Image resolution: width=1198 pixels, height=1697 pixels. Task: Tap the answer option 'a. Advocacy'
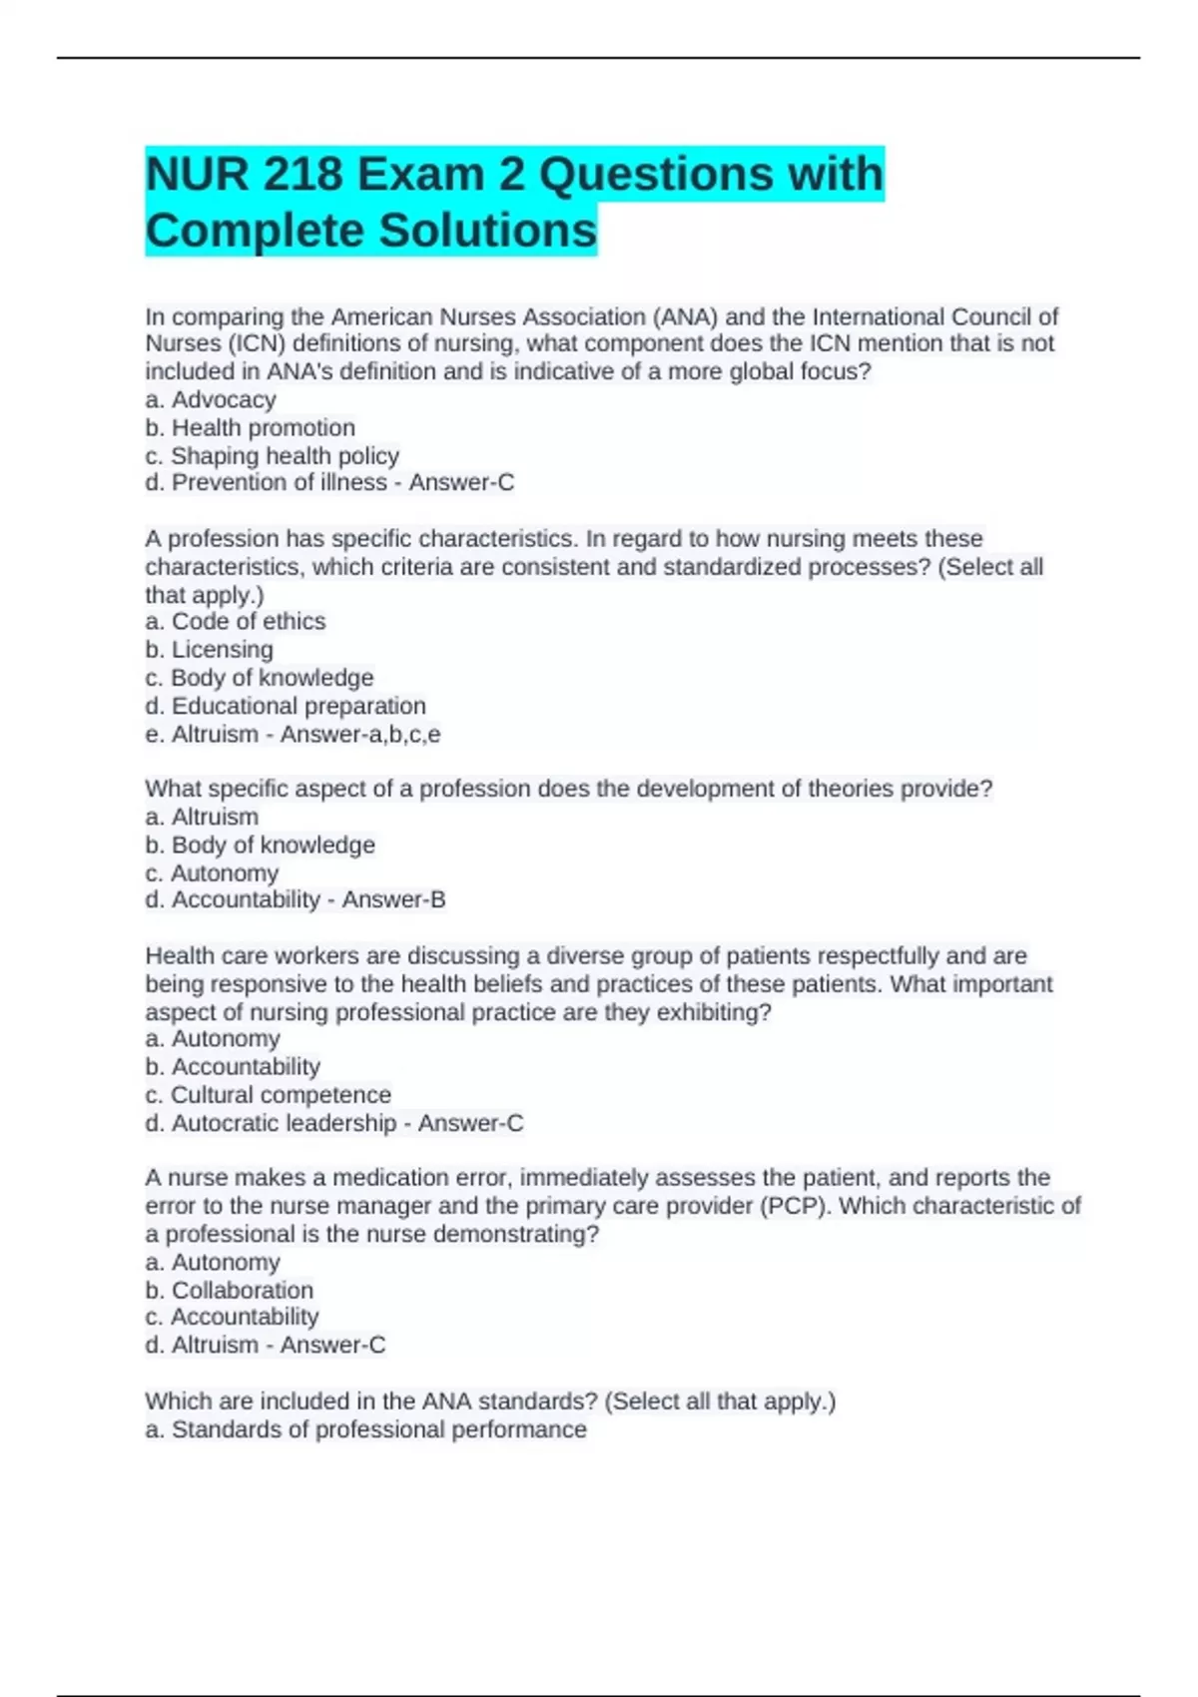pos(211,400)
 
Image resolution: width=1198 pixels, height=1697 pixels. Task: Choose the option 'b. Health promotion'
pos(251,428)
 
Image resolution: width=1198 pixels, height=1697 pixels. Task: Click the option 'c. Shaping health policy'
pos(273,456)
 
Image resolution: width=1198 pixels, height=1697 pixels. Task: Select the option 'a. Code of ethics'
pos(236,622)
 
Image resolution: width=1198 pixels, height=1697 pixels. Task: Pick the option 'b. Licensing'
pos(210,650)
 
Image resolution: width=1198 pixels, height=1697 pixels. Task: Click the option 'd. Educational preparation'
pos(286,706)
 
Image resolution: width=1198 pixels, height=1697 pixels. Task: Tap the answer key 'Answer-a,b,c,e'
pos(360,735)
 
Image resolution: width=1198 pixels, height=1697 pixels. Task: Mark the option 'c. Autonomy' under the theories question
pos(212,873)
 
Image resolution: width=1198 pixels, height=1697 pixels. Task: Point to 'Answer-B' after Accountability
pos(393,900)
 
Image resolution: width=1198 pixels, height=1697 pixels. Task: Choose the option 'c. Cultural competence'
pos(269,1095)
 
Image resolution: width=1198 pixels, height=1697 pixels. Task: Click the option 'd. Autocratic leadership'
pos(272,1124)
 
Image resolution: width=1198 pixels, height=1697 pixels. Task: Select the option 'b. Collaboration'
pos(230,1291)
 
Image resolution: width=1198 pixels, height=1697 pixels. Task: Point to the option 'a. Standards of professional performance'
pos(366,1429)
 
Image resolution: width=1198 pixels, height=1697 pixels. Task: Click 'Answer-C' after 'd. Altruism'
pos(332,1346)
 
